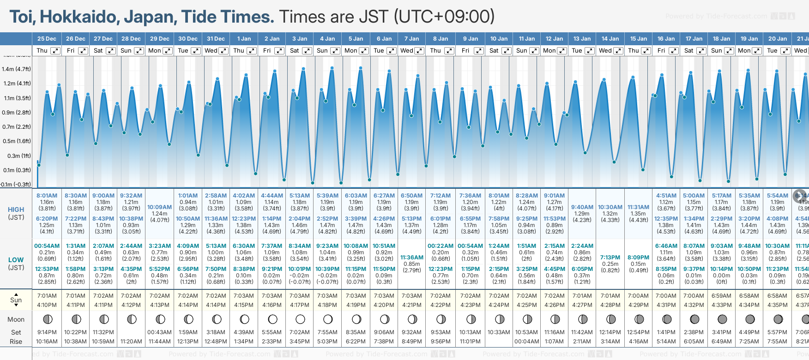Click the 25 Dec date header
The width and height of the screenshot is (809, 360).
coord(47,39)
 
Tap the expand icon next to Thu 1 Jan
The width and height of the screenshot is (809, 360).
coord(251,51)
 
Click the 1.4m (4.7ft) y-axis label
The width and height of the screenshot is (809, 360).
coord(16,69)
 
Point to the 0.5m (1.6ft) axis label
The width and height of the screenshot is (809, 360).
coord(16,141)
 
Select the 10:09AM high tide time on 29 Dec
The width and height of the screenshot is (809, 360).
coord(159,207)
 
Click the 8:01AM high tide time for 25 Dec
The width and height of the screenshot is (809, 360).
coord(47,196)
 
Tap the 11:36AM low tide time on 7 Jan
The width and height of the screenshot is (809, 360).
coord(411,258)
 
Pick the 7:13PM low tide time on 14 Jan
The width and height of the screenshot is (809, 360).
coord(610,258)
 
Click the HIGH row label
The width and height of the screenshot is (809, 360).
coord(16,210)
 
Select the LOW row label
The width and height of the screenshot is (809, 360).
coord(16,260)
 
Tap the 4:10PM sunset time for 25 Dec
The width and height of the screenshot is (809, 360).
coord(47,305)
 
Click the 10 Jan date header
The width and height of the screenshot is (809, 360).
coord(499,39)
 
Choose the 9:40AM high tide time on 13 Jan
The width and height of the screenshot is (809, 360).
coord(582,207)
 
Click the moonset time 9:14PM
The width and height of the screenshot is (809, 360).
coord(47,332)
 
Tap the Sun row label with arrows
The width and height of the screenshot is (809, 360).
coord(16,300)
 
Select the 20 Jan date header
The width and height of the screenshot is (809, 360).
coord(778,39)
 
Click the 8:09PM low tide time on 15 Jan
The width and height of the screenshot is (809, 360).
coord(638,258)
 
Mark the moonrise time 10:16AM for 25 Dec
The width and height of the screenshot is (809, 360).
coord(47,342)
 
